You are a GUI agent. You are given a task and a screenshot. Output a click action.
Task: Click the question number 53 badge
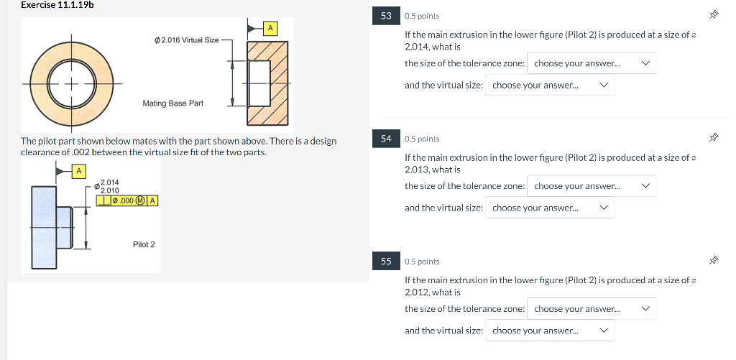pos(387,16)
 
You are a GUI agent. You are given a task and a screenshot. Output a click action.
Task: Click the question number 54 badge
pos(387,139)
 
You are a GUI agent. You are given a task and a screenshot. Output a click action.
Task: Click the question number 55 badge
pos(387,262)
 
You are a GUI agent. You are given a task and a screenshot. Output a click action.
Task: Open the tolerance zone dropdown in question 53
pos(592,63)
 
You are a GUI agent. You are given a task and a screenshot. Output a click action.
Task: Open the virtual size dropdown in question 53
pos(550,86)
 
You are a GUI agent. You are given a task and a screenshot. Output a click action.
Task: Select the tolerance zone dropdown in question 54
pos(592,186)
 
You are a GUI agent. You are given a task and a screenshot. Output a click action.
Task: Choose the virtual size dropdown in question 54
pos(550,208)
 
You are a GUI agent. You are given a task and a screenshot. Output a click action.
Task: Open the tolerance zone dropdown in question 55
pos(592,309)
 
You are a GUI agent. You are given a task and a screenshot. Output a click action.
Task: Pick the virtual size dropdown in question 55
pos(550,331)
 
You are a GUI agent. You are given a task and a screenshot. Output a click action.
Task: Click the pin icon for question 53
pos(714,15)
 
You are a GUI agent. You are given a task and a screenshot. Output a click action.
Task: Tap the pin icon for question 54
pos(714,138)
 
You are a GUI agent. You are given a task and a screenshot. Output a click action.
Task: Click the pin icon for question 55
pos(714,261)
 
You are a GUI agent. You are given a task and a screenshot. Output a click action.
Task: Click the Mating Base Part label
pos(172,103)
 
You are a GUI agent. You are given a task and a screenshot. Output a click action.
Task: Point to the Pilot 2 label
pos(144,245)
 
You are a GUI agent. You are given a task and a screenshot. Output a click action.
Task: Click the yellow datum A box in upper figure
pos(270,28)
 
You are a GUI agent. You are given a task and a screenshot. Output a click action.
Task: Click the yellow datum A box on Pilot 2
pos(80,171)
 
